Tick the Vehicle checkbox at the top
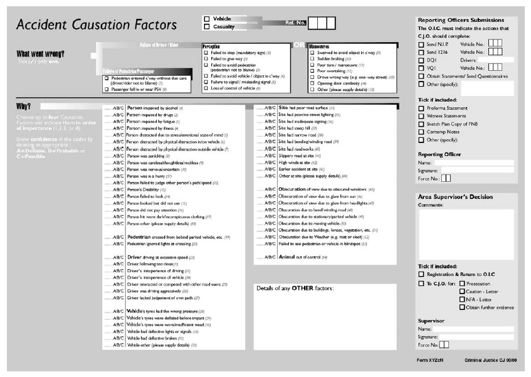[x=207, y=19]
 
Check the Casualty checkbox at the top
[x=207, y=27]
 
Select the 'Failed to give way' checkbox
[x=205, y=58]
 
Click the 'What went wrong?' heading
[x=40, y=54]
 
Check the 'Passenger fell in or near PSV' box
[x=107, y=88]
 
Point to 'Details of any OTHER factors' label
[x=295, y=288]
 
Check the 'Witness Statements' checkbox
[x=421, y=116]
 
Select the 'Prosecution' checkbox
[x=463, y=284]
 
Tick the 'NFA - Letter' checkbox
[x=463, y=299]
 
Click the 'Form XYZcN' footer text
[x=429, y=361]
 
